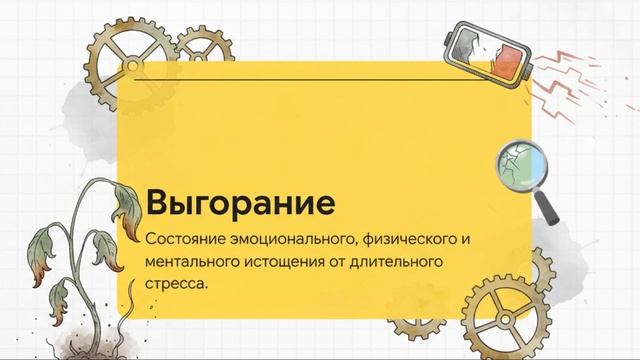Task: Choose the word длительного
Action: [384, 263]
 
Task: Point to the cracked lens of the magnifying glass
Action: [517, 160]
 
